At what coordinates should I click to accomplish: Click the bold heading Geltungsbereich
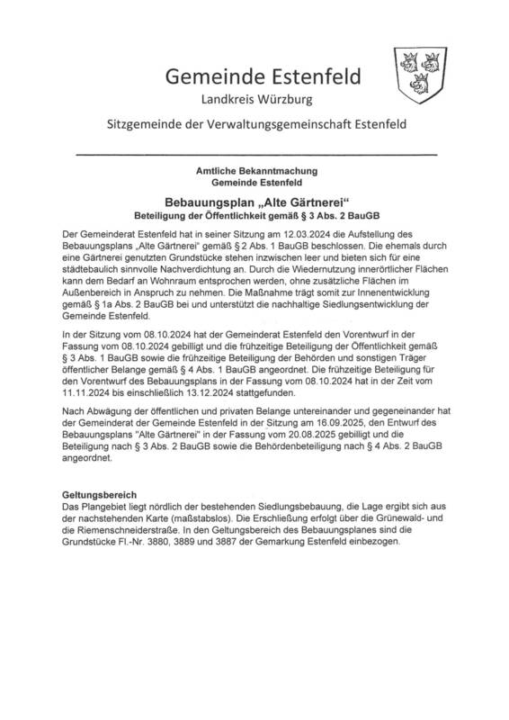[x=98, y=496]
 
